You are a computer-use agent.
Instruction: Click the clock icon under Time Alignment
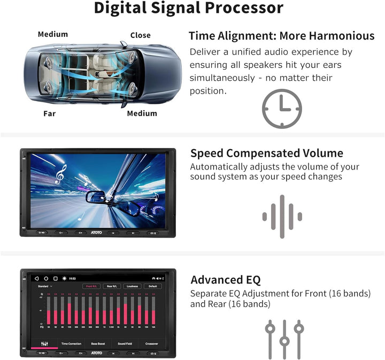coord(282,109)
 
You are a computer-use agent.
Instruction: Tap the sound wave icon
coord(282,216)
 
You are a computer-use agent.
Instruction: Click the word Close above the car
coord(140,35)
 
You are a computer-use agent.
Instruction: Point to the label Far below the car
coord(49,113)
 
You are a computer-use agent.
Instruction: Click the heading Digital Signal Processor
coord(189,9)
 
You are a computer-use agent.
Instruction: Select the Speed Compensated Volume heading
coord(267,154)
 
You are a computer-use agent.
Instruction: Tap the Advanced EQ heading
coord(226,280)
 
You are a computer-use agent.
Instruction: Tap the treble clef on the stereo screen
coord(60,174)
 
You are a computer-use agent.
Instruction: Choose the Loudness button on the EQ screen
coord(132,286)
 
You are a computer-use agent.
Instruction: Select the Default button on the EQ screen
coord(152,286)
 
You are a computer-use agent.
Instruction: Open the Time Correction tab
coord(71,343)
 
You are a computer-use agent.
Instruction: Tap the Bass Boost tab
coord(98,343)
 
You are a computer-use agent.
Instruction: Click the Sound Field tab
coord(125,343)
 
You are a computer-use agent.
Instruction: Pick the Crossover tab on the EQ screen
coord(152,343)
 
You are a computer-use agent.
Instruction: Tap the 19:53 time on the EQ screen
coord(72,279)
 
